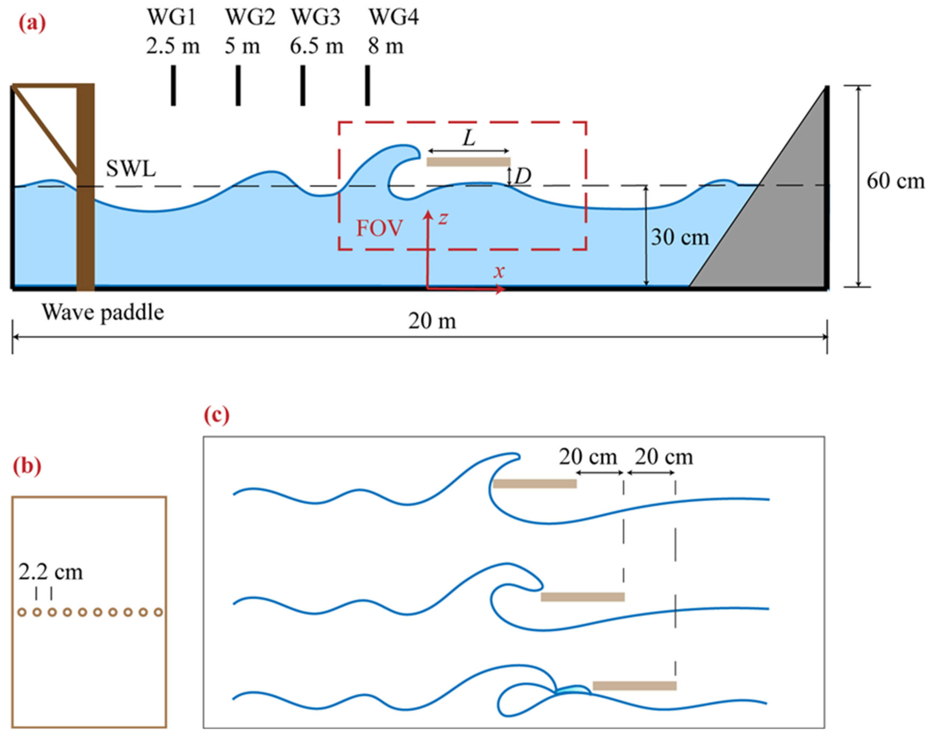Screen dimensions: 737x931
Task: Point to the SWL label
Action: point(131,169)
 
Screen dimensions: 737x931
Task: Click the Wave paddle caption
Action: point(103,312)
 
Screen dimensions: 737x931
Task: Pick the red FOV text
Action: point(379,228)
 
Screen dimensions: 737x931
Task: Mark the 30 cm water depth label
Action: point(680,237)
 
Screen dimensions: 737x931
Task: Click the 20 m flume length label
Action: point(432,321)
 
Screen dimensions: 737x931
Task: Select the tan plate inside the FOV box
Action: point(468,162)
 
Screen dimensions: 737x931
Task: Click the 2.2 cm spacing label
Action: point(51,572)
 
